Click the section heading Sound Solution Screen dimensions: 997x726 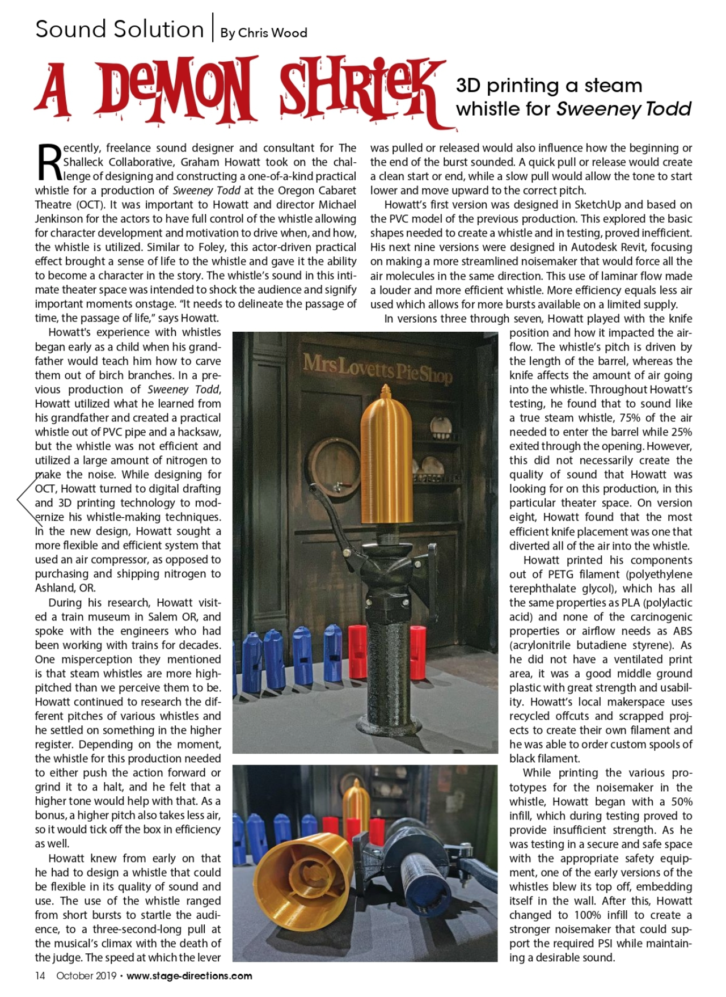[119, 29]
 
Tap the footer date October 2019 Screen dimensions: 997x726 [86, 975]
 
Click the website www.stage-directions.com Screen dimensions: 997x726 [189, 975]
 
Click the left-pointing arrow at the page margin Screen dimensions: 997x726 [23, 498]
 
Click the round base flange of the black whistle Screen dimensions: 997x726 [387, 726]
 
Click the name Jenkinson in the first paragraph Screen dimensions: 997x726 [62, 219]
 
